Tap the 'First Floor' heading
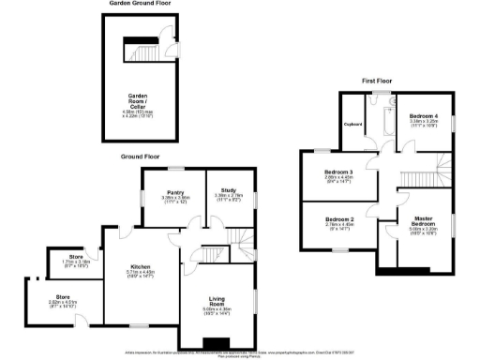(x=380, y=82)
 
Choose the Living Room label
(x=217, y=301)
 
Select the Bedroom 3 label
(x=338, y=172)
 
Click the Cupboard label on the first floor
(x=352, y=123)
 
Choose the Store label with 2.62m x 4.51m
(x=48, y=299)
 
